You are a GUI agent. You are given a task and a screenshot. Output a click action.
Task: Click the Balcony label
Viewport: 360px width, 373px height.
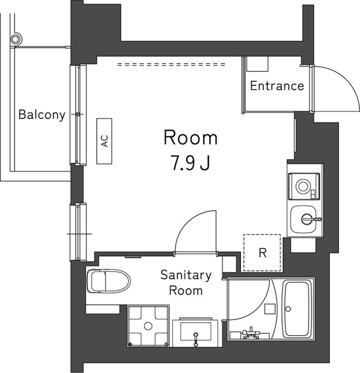pyautogui.click(x=41, y=115)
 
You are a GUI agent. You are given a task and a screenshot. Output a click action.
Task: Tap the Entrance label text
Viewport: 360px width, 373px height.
pyautogui.click(x=277, y=86)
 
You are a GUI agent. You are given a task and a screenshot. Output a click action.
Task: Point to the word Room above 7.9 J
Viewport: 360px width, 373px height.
pyautogui.click(x=190, y=138)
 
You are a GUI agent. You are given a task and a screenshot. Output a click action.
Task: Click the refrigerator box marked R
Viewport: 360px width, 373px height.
pyautogui.click(x=262, y=253)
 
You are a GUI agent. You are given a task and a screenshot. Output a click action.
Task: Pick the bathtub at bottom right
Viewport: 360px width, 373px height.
pyautogui.click(x=298, y=309)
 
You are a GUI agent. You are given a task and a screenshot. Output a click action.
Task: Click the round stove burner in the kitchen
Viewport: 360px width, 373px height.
pyautogui.click(x=304, y=186)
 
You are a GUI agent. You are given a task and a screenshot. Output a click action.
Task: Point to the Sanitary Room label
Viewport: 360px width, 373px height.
pyautogui.click(x=186, y=283)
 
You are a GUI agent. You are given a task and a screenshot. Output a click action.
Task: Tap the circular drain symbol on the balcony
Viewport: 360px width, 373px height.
pyautogui.click(x=17, y=40)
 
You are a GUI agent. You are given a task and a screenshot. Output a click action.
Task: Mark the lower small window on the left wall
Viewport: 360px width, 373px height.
pyautogui.click(x=81, y=232)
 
